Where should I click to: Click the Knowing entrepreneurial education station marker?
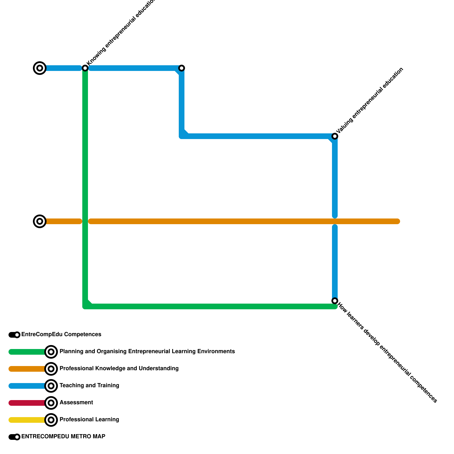[85, 68]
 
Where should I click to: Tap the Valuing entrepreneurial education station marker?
[335, 136]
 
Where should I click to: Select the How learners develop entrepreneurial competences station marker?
[335, 301]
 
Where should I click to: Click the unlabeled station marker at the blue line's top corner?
[182, 68]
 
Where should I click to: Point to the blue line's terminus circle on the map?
[40, 68]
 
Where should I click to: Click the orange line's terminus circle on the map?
[40, 221]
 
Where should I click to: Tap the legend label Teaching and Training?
[89, 386]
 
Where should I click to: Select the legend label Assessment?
[76, 403]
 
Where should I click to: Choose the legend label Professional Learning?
[89, 420]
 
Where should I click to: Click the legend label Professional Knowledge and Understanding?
[119, 369]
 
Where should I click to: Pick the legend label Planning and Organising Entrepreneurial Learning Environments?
[147, 352]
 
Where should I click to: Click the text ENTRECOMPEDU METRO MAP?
[63, 437]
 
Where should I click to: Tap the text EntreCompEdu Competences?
[61, 335]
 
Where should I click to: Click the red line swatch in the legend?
[27, 403]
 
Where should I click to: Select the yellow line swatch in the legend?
[27, 420]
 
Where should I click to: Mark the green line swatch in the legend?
[27, 352]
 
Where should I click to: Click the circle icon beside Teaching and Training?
[51, 386]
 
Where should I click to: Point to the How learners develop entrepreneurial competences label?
[388, 353]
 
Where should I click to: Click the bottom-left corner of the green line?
[85, 306]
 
